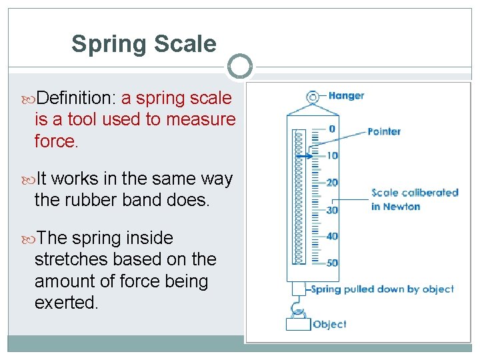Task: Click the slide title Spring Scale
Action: click(x=143, y=44)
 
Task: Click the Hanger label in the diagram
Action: click(x=346, y=96)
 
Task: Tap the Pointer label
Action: click(x=384, y=131)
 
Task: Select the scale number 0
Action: click(x=332, y=129)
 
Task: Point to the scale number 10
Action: click(x=332, y=156)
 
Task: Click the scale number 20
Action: click(x=332, y=183)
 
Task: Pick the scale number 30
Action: click(x=332, y=209)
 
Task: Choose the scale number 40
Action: click(x=332, y=236)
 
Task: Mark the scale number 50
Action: click(x=332, y=263)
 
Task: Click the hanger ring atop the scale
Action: click(x=312, y=97)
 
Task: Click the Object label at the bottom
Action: click(x=329, y=325)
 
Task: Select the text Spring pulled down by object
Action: click(x=382, y=289)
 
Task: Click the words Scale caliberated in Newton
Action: click(x=414, y=199)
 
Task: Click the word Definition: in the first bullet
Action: click(x=77, y=99)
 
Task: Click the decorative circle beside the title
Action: click(x=240, y=67)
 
